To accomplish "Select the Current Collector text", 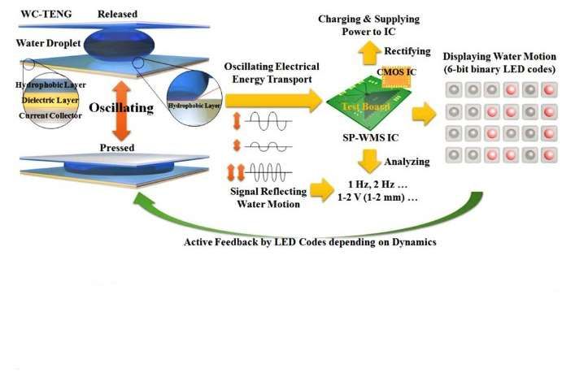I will (x=49, y=116).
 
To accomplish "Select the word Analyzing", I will (x=407, y=162).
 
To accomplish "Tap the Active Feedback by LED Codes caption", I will (x=310, y=242).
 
